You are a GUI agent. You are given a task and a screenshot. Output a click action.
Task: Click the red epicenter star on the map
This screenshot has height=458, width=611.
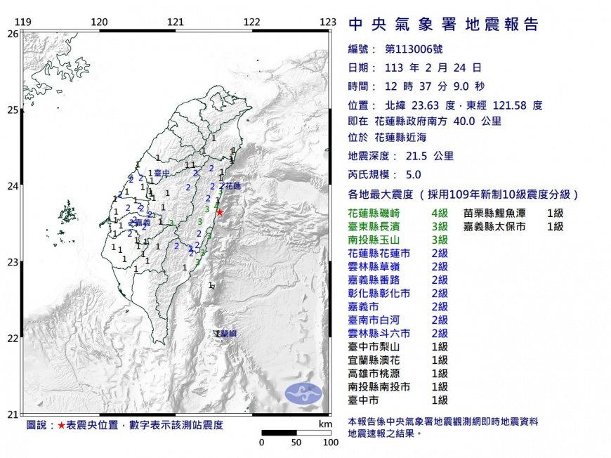click(220, 212)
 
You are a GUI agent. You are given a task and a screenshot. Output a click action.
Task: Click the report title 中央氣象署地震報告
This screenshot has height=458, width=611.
click(444, 25)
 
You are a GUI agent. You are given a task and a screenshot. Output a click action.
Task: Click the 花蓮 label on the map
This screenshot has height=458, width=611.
click(233, 186)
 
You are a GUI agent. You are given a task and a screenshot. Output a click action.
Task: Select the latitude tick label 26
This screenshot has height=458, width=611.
click(13, 33)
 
